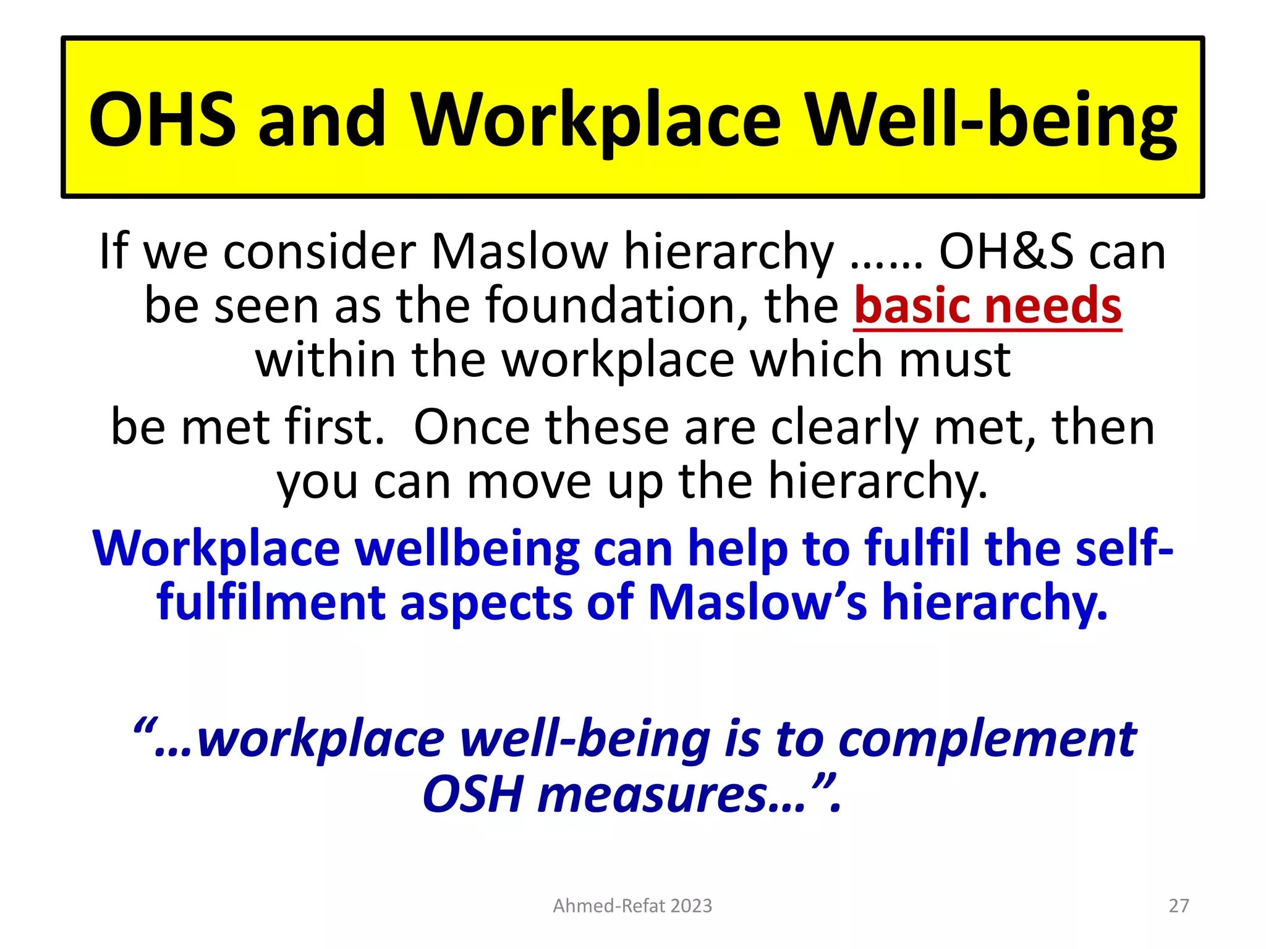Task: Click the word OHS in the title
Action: coord(162,119)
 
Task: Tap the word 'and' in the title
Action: coord(322,119)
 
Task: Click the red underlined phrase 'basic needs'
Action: coord(987,305)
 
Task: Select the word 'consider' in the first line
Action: coord(320,251)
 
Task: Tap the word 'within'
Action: coord(325,360)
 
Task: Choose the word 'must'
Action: coord(954,360)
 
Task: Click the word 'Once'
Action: coord(472,427)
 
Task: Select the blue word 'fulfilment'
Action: coord(271,602)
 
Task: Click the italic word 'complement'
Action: coord(987,739)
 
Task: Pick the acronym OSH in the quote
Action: coord(473,795)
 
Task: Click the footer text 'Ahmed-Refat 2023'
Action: coord(632,906)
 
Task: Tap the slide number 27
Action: coord(1179,906)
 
